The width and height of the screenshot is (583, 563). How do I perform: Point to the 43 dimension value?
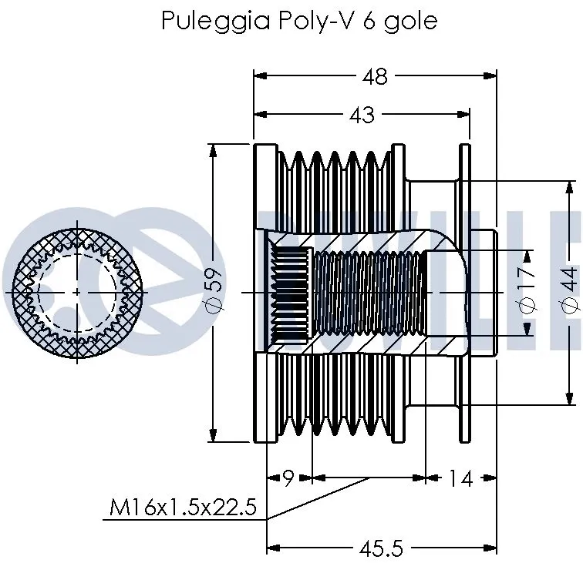[362, 115]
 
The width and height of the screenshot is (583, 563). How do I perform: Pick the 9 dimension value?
[288, 478]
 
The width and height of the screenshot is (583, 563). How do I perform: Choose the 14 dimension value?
[460, 478]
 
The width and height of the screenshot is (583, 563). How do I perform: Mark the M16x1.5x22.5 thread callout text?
[183, 508]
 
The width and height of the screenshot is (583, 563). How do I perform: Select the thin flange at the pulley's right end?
[465, 293]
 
